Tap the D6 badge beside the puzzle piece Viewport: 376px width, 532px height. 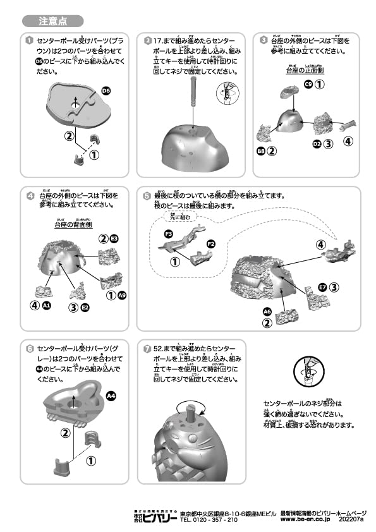(106, 91)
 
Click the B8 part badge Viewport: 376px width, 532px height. (260, 150)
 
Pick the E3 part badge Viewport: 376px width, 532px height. (114, 238)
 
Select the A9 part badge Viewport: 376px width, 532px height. (122, 294)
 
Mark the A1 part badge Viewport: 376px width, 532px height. (46, 306)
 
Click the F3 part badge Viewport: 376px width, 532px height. (169, 234)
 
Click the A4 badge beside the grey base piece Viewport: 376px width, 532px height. (111, 396)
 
